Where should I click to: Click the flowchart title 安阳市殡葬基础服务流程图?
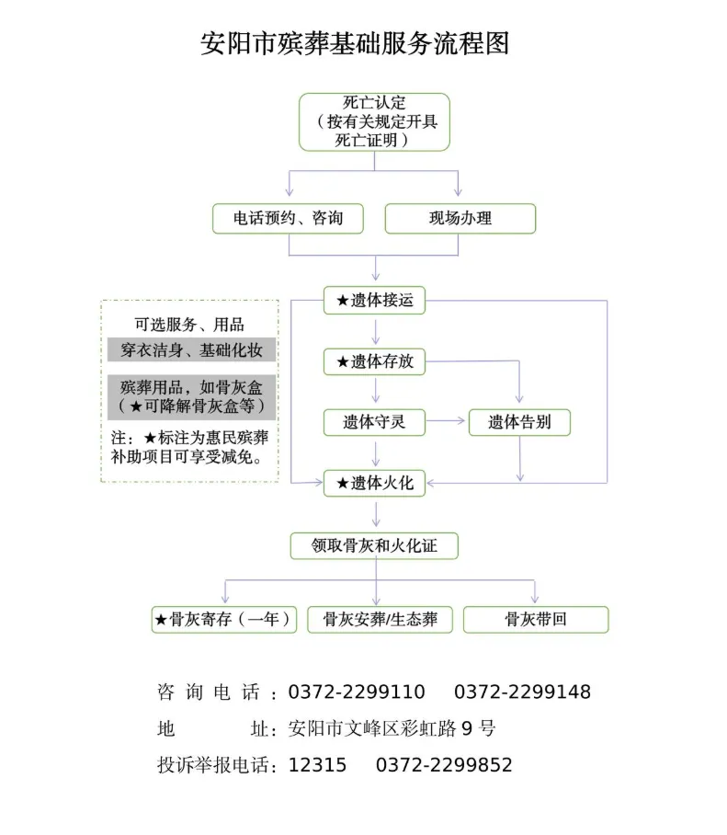pos(355,43)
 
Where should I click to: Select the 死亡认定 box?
pos(374,121)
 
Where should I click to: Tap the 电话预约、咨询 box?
pos(287,219)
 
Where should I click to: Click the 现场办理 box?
pos(460,219)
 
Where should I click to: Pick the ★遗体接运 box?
pos(374,301)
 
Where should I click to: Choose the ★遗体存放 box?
pos(374,362)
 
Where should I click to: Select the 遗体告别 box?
pos(519,422)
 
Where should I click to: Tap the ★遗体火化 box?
pos(374,483)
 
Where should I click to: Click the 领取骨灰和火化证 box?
pos(374,545)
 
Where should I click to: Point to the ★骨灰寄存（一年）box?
pos(224,620)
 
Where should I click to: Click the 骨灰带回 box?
pos(535,620)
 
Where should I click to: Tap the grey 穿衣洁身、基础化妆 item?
pos(191,350)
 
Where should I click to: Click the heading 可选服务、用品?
pos(189,324)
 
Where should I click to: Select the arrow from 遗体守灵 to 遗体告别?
pos(446,422)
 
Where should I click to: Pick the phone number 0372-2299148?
pos(522,692)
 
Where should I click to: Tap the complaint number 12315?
pos(318,765)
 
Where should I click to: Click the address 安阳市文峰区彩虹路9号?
pos(392,729)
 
